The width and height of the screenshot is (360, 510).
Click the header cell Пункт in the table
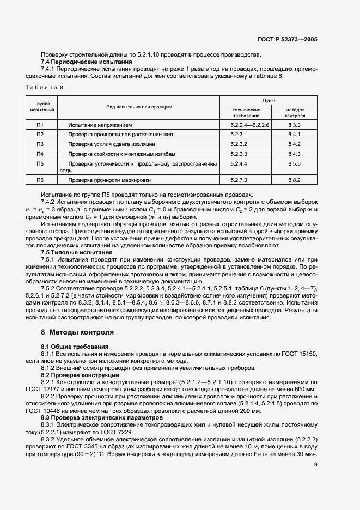point(269,101)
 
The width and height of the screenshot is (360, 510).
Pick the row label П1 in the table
point(40,125)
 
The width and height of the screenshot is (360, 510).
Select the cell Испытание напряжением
point(100,125)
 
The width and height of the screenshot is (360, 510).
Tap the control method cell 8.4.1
point(295,135)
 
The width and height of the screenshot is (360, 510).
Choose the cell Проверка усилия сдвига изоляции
point(112,144)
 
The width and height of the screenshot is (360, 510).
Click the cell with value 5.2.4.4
point(239,163)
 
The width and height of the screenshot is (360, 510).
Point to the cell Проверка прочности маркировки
point(109,180)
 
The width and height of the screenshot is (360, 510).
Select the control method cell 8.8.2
point(295,180)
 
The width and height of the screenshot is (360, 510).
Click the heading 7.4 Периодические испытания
point(87,62)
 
